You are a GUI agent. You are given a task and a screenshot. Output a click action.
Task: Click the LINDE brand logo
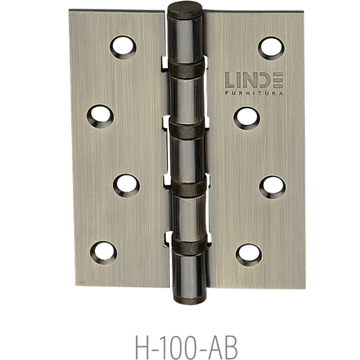coord(254,80)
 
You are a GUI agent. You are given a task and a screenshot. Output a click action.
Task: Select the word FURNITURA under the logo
coord(254,93)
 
